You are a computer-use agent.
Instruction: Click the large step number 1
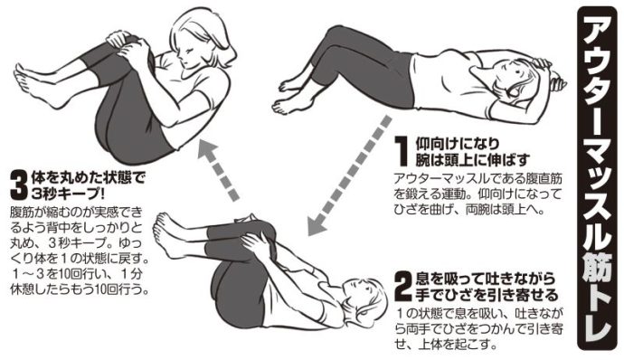pos(402,151)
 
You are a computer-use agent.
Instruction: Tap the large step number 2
pos(402,287)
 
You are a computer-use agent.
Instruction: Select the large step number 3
pos(19,185)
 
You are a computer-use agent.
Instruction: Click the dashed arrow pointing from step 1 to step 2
pos(350,175)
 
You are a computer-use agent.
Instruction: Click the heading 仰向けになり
pos(457,143)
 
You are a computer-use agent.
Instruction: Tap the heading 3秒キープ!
pos(68,194)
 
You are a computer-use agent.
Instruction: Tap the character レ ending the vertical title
pos(597,329)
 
